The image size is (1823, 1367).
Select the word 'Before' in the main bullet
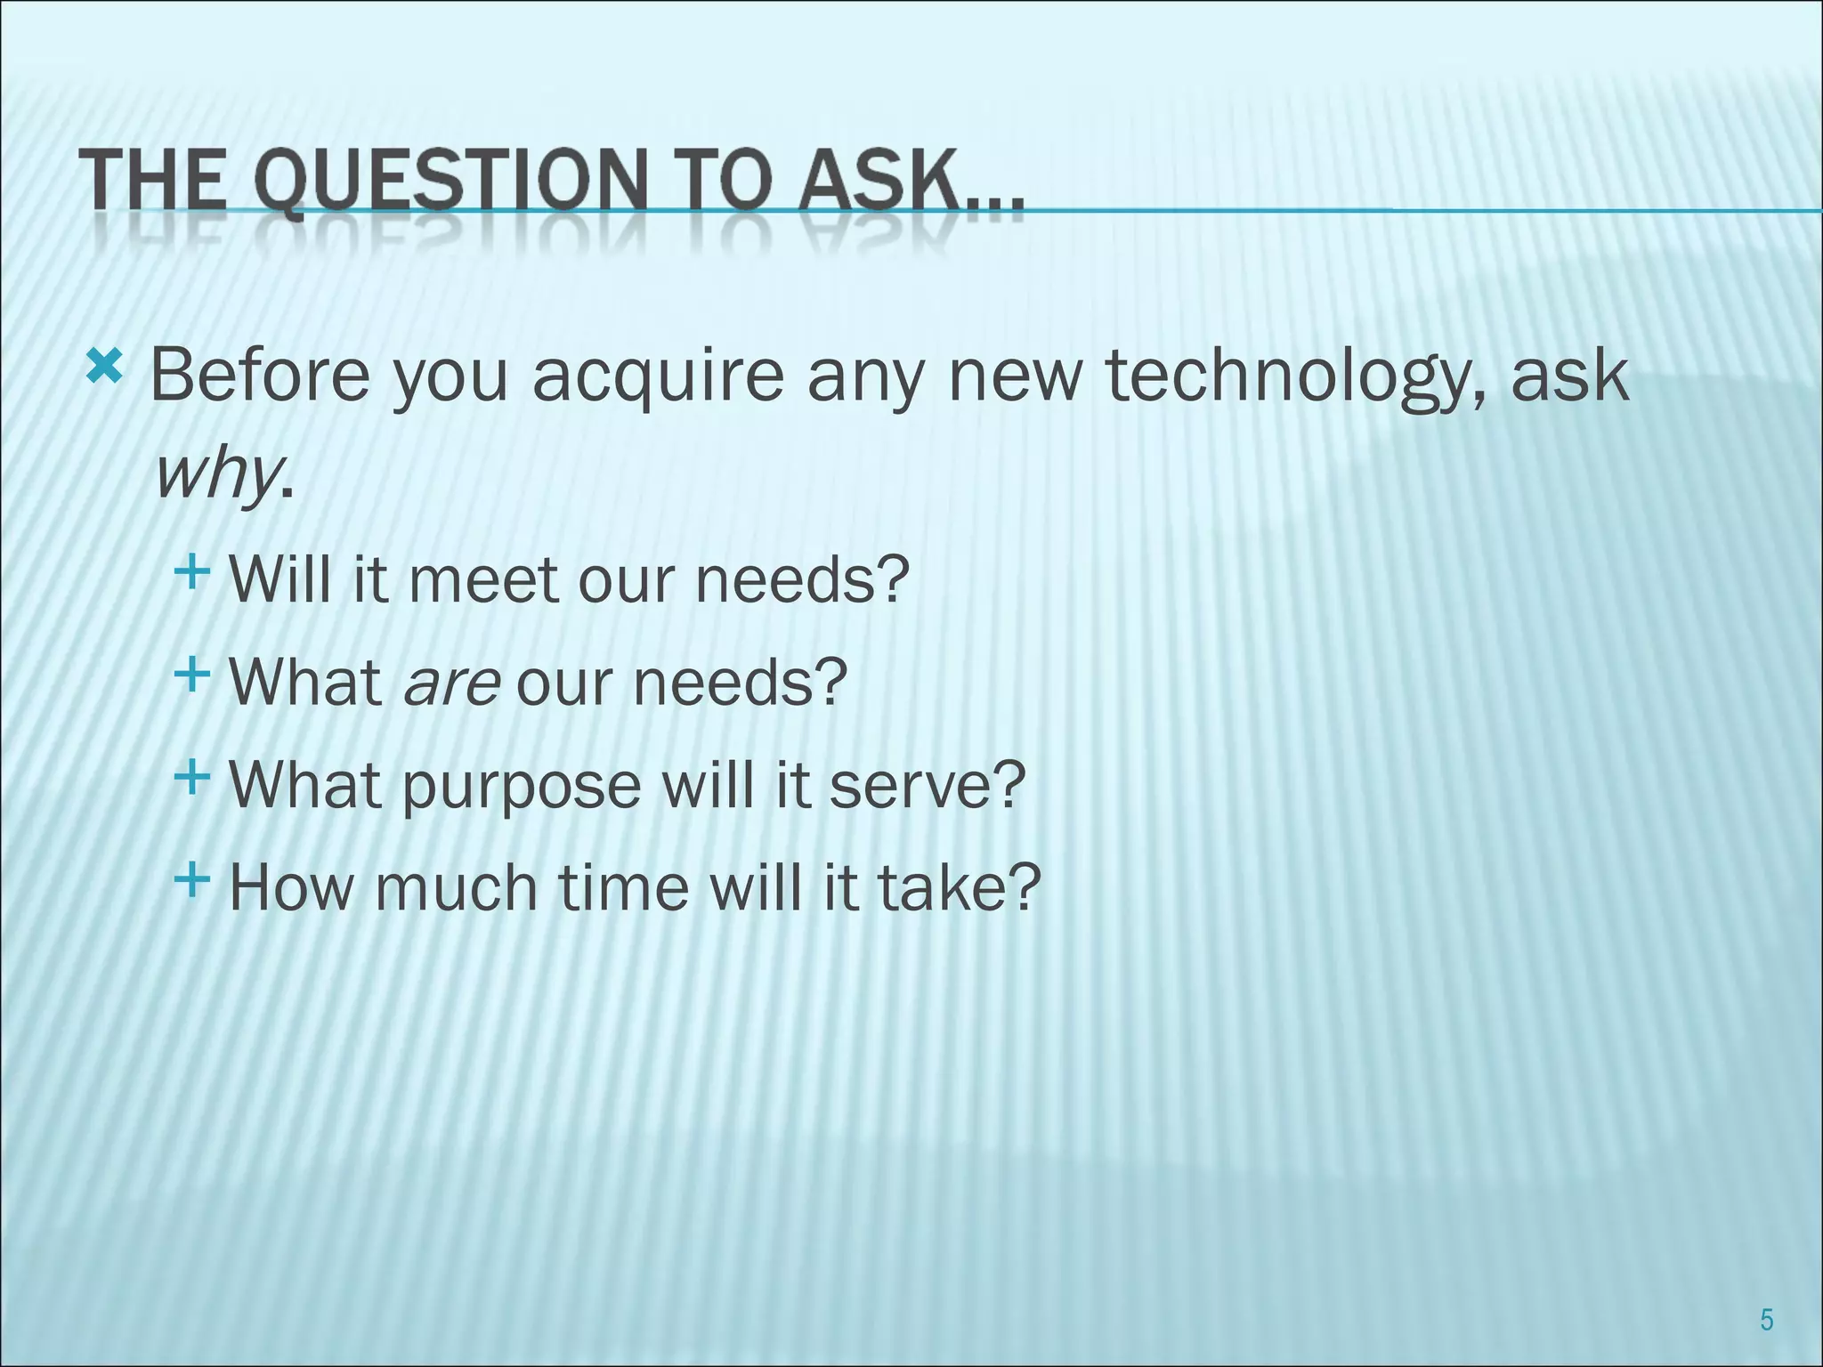coord(259,375)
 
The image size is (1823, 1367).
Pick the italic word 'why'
coord(216,476)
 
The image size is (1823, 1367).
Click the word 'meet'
coord(485,579)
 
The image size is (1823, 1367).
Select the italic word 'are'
coord(451,683)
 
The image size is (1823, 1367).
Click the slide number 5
coord(1766,1320)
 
